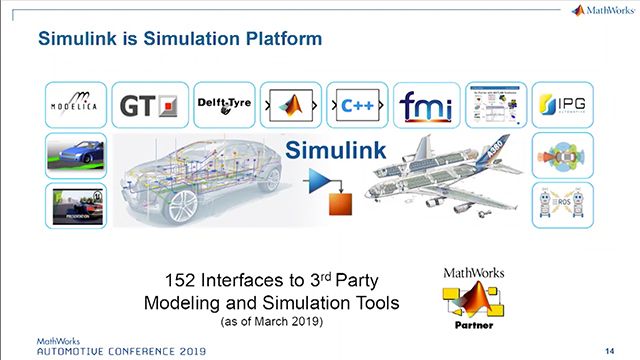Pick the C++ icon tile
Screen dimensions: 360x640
(354, 103)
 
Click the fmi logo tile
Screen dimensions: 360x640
(425, 103)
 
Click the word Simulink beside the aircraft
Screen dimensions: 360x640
(330, 152)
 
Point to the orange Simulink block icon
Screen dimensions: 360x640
(342, 203)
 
